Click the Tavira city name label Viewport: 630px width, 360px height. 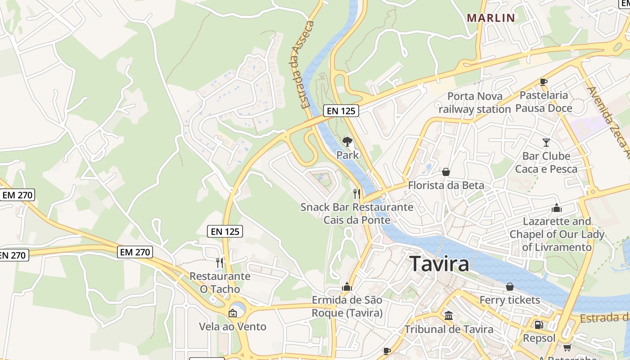coord(440,264)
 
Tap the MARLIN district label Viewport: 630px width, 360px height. coord(490,18)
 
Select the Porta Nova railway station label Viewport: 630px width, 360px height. coord(474,103)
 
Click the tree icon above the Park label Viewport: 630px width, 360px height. coord(347,142)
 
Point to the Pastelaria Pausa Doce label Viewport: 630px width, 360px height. coord(544,102)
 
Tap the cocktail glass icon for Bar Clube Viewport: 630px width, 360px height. coord(546,143)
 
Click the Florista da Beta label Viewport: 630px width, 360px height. coord(446,185)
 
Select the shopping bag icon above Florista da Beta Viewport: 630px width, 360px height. coord(446,172)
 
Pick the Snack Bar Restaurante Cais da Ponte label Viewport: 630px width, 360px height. coord(356,213)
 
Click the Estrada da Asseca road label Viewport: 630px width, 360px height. coord(308,64)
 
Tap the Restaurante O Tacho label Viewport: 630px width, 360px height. coord(220,282)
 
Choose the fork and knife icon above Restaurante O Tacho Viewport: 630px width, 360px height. coord(220,262)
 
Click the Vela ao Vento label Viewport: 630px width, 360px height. coord(233,326)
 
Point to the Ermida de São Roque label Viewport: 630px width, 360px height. coord(347,306)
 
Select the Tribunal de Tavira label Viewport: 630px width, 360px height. coord(449,329)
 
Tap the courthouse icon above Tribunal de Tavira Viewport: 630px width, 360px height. coord(449,315)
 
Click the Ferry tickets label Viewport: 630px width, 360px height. coord(509,300)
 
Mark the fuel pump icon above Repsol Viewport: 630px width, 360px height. coord(539,325)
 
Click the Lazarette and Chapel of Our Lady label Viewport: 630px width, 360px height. coord(557,234)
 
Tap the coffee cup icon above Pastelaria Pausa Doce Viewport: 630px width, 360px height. coord(544,82)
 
